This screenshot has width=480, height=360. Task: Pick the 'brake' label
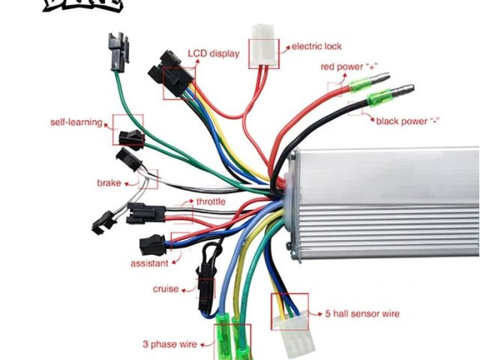pyautogui.click(x=109, y=182)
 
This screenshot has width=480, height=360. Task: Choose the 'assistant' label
pyautogui.click(x=149, y=263)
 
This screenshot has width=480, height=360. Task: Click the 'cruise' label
pyautogui.click(x=166, y=288)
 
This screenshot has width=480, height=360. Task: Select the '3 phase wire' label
pyautogui.click(x=169, y=345)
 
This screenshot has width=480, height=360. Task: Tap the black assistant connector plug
pyautogui.click(x=152, y=244)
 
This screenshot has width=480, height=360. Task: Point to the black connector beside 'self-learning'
pyautogui.click(x=131, y=136)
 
